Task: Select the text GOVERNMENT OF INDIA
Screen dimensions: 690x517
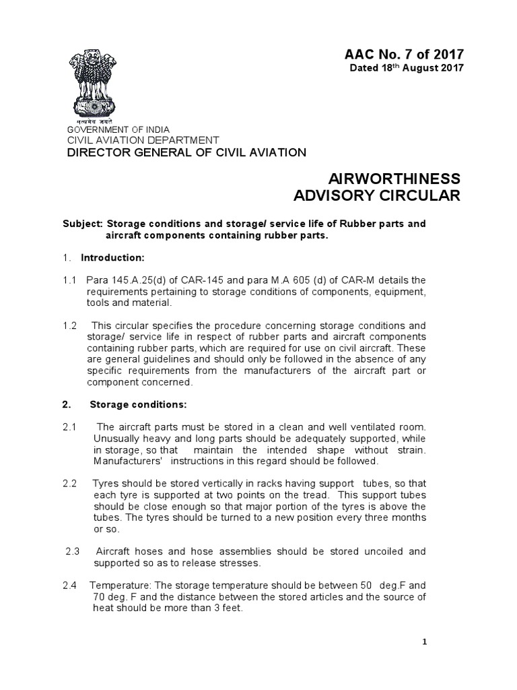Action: point(117,129)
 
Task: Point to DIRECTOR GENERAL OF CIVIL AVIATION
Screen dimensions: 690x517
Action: point(185,152)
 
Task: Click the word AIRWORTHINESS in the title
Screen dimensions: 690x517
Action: point(393,179)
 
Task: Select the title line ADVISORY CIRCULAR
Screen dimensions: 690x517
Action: point(378,196)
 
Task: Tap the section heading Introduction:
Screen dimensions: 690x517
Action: point(112,258)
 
